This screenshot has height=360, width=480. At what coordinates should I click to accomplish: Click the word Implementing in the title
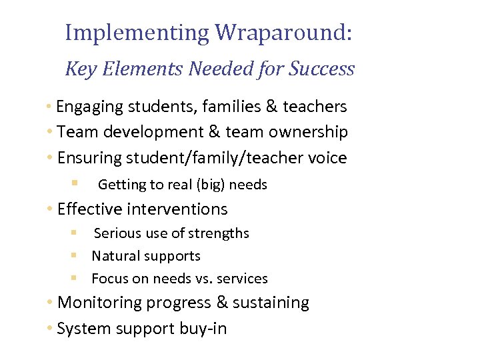click(x=137, y=33)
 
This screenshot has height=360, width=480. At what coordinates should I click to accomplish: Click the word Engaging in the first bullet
click(x=85, y=107)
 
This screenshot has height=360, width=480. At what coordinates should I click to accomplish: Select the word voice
click(x=325, y=158)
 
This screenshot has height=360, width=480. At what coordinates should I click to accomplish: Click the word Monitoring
click(x=100, y=303)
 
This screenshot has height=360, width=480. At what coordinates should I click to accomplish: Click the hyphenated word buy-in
click(x=203, y=329)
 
